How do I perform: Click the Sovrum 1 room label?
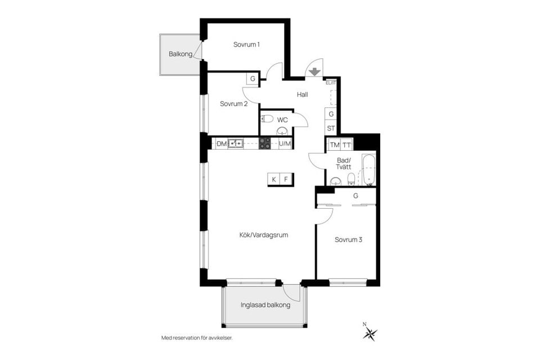[x=246, y=44]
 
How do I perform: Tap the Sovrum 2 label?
[x=233, y=103]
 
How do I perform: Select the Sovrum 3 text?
[x=348, y=239]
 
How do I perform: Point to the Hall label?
[x=303, y=94]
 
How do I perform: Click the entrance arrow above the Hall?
[x=314, y=71]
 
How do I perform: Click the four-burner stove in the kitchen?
[x=265, y=143]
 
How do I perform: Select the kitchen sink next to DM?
[x=236, y=143]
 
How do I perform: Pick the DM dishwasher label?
[x=222, y=144]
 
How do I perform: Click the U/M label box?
[x=285, y=144]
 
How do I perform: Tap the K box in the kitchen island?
[x=274, y=179]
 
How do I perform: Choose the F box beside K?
[x=286, y=179]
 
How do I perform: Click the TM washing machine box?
[x=335, y=145]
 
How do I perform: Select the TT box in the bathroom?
[x=347, y=145]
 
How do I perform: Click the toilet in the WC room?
[x=268, y=119]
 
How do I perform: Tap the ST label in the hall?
[x=331, y=128]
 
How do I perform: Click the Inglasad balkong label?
[x=265, y=305]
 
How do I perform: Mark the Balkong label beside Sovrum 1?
[x=181, y=54]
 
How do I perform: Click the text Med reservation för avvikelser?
[x=196, y=338]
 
